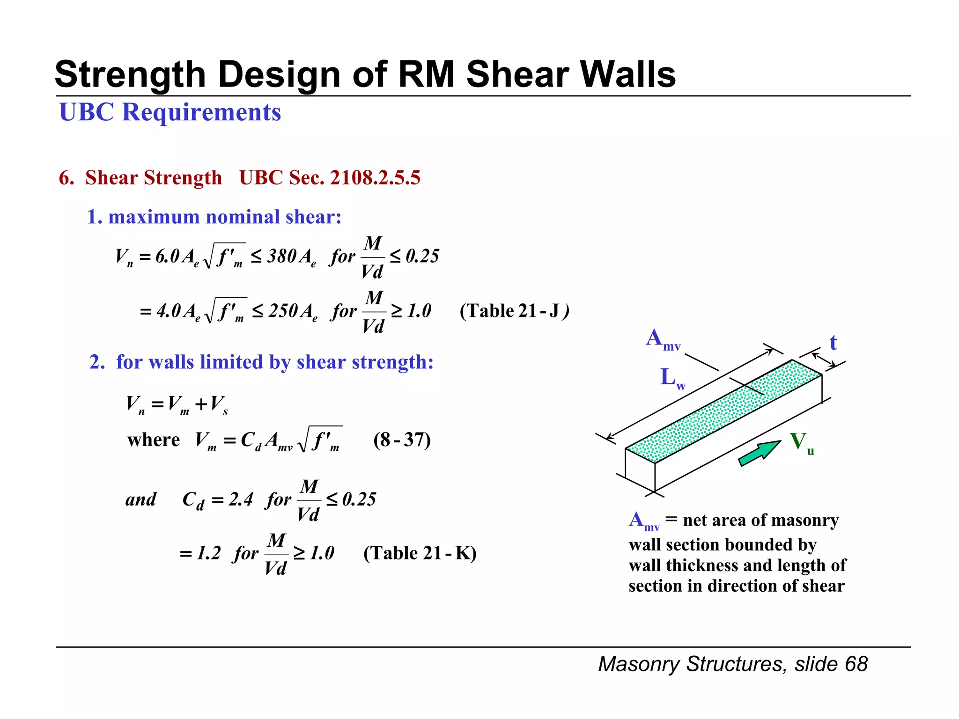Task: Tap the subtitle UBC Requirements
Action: (x=170, y=112)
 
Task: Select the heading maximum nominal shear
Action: (x=224, y=217)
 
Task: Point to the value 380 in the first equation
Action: (x=281, y=256)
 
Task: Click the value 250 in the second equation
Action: (x=283, y=311)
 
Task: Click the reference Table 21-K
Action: (x=420, y=553)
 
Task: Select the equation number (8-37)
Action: (x=402, y=440)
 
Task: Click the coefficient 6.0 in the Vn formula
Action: (x=167, y=256)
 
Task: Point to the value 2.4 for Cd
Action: (x=241, y=499)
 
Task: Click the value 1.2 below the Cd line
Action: (x=208, y=553)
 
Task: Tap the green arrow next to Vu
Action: (x=759, y=453)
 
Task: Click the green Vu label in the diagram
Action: (x=801, y=442)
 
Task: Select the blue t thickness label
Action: (x=833, y=343)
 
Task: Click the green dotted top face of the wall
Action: (x=723, y=411)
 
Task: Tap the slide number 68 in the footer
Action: (x=856, y=664)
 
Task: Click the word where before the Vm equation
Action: (x=153, y=440)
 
